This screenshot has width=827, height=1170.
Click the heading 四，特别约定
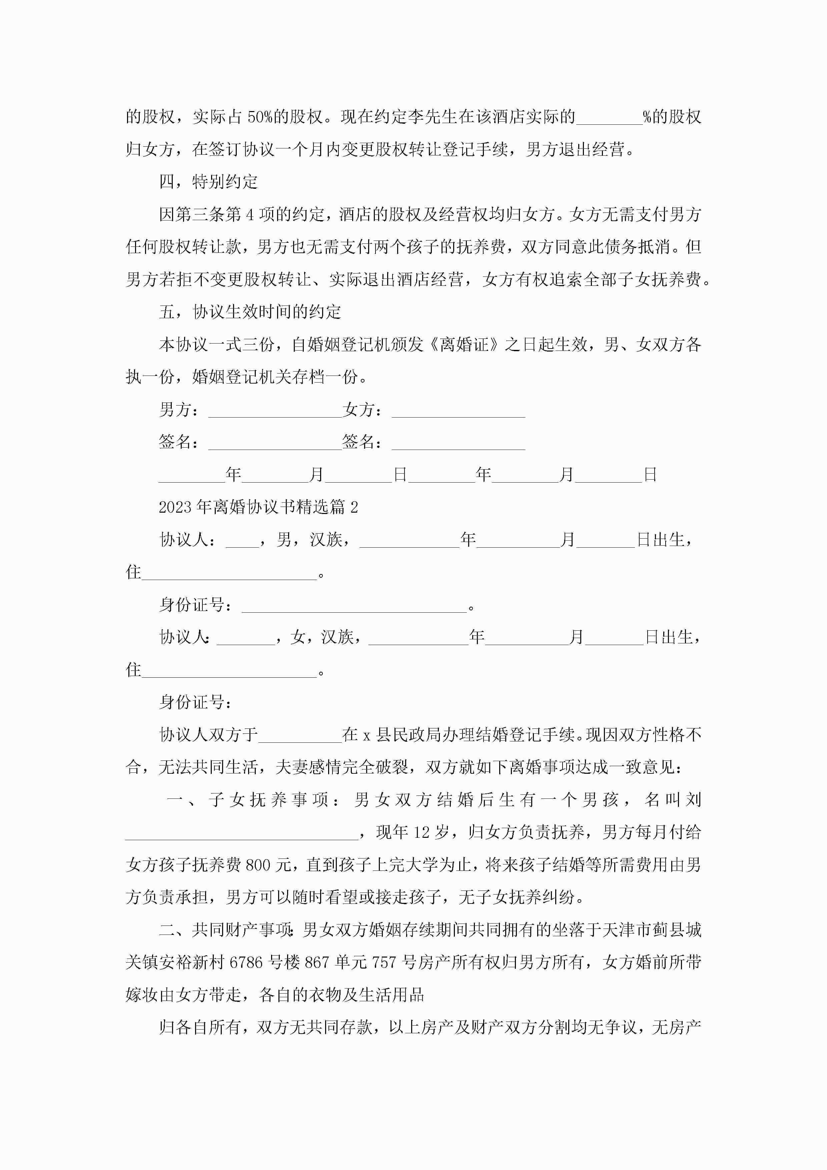click(x=208, y=182)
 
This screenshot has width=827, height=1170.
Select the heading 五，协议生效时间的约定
click(x=250, y=312)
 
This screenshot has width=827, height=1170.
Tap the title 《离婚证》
click(x=464, y=345)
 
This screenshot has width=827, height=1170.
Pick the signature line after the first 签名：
click(x=275, y=442)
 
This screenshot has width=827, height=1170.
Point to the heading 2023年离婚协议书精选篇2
click(x=258, y=507)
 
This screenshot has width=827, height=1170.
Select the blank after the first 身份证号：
click(x=354, y=605)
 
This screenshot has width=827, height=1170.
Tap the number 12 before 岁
click(x=422, y=832)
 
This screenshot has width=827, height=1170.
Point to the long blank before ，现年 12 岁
click(x=242, y=832)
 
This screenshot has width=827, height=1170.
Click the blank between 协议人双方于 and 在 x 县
click(x=300, y=735)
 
